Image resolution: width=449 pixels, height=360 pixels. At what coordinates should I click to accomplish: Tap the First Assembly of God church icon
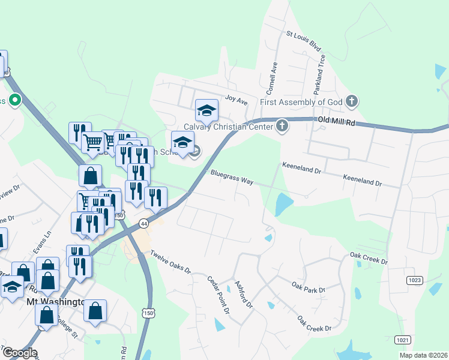tap(352, 101)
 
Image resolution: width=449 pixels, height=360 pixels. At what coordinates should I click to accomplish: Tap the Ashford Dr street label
tap(244, 295)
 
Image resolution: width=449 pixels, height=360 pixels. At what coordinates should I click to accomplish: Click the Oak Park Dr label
tap(308, 286)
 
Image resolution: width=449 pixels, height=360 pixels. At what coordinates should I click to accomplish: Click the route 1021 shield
tap(402, 340)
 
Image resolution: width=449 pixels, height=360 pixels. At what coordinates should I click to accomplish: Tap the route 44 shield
tap(143, 223)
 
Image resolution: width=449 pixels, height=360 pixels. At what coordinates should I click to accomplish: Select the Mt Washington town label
tap(54, 302)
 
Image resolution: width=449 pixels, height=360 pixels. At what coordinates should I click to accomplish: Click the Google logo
tap(19, 353)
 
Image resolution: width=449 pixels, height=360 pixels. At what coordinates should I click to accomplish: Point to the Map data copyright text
tap(423, 355)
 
